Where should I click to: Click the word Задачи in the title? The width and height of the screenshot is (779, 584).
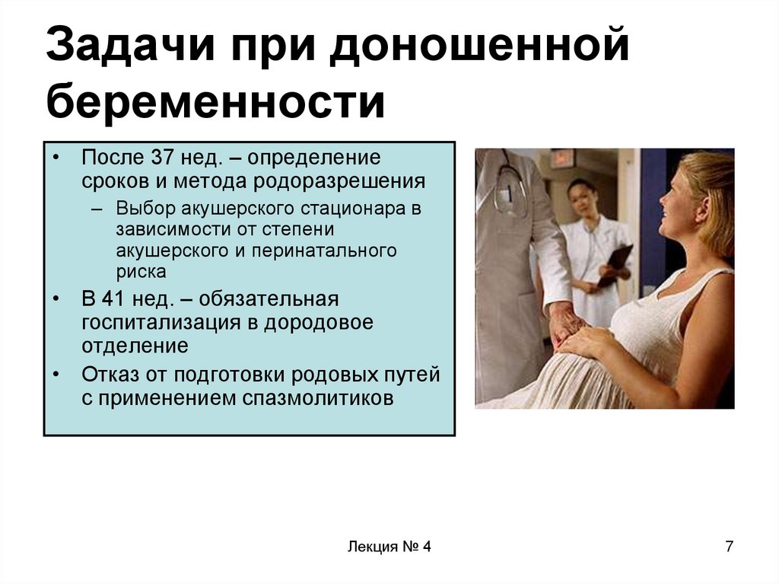tap(131, 46)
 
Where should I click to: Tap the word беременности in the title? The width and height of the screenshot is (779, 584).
tap(215, 102)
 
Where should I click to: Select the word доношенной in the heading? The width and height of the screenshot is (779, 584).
tap(479, 46)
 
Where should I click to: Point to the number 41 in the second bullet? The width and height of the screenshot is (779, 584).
tap(113, 299)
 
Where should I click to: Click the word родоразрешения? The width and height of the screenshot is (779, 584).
tap(339, 182)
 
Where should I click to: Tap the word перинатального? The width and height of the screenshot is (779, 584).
tap(324, 251)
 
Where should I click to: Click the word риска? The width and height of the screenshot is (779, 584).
tap(141, 273)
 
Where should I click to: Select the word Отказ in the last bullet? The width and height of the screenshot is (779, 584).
tap(110, 375)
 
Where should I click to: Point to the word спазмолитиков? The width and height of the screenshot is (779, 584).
tap(318, 398)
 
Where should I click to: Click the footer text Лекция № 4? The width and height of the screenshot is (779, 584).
tap(389, 547)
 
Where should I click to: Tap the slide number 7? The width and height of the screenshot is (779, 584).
tap(729, 546)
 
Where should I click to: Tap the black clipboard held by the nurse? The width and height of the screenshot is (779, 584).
tap(615, 265)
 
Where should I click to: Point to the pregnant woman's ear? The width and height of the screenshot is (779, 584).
tap(701, 190)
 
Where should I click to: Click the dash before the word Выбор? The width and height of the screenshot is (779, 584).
tap(97, 209)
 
